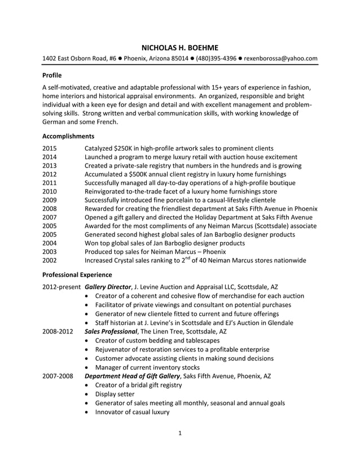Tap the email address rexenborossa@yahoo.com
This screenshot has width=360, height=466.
tap(280, 58)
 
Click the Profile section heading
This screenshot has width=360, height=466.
tap(52, 75)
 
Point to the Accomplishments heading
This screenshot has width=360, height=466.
tap(68, 136)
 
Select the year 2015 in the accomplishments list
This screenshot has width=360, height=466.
tap(50, 148)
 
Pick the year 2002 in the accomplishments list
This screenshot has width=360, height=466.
tap(50, 261)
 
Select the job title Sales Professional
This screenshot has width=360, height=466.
tap(111, 332)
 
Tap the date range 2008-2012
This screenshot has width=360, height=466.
tap(58, 332)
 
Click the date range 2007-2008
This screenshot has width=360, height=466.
tap(58, 376)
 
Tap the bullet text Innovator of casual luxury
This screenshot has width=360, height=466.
tap(133, 412)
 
